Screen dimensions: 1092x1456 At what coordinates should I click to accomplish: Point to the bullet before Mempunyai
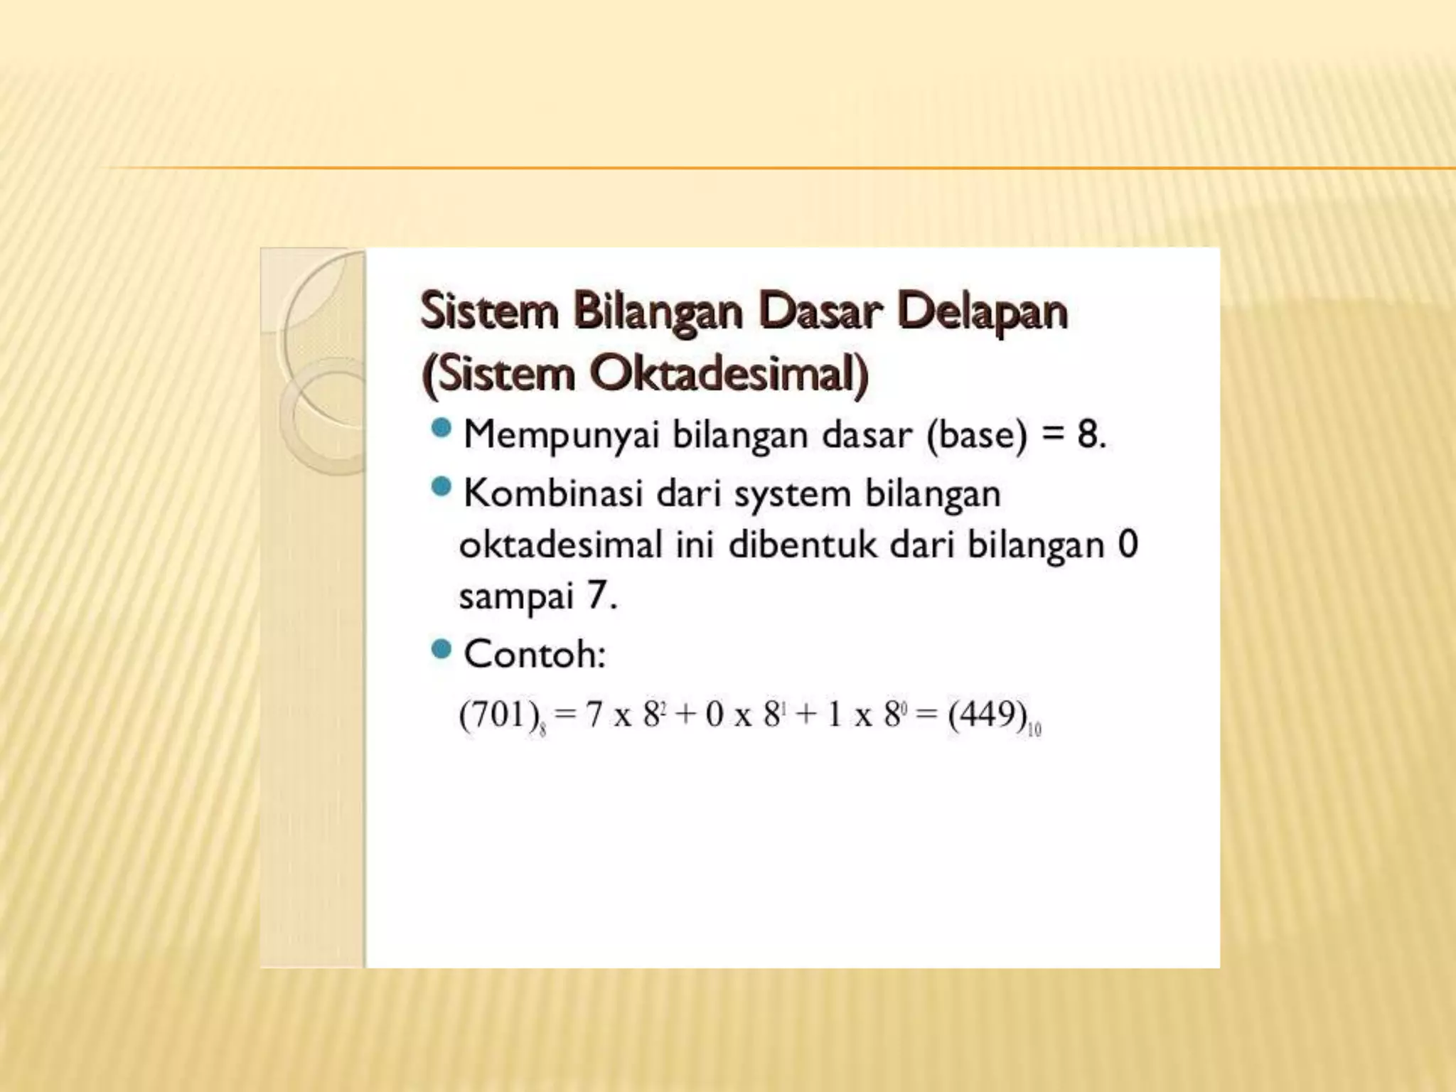pyautogui.click(x=441, y=428)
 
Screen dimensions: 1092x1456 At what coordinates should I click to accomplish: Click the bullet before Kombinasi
pyautogui.click(x=441, y=488)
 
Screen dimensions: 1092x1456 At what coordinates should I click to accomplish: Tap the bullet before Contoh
pyautogui.click(x=441, y=649)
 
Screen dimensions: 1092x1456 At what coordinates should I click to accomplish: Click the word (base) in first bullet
pyautogui.click(x=978, y=435)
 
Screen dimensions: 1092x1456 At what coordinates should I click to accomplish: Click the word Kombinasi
pyautogui.click(x=553, y=493)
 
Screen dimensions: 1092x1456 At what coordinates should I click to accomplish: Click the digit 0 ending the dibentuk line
pyautogui.click(x=1128, y=545)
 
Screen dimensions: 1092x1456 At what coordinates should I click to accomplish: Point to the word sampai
pyautogui.click(x=516, y=597)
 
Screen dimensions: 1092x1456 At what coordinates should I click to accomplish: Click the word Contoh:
pyautogui.click(x=535, y=654)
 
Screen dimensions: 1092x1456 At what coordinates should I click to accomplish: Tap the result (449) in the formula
pyautogui.click(x=987, y=714)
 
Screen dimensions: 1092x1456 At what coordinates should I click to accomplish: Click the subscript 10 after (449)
pyautogui.click(x=1034, y=729)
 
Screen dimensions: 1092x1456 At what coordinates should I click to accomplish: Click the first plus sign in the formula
pyautogui.click(x=685, y=714)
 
